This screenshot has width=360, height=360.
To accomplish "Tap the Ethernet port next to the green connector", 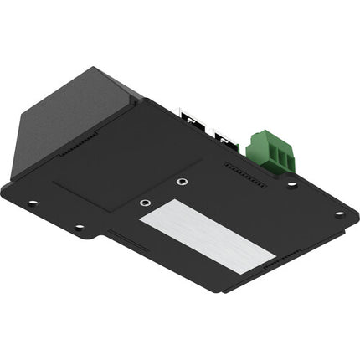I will [x=224, y=137].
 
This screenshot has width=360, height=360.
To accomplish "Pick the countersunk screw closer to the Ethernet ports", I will [x=183, y=182].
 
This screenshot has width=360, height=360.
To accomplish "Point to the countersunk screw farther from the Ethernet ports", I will [x=146, y=202].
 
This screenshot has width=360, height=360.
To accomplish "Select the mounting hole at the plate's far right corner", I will [x=339, y=213].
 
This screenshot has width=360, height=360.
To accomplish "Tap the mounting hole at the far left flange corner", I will [x=32, y=202].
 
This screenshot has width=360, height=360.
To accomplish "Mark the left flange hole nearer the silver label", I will [x=79, y=227].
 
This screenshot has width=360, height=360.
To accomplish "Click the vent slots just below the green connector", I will [x=245, y=174].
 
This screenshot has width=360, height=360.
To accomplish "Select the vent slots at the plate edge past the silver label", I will [x=283, y=263].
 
